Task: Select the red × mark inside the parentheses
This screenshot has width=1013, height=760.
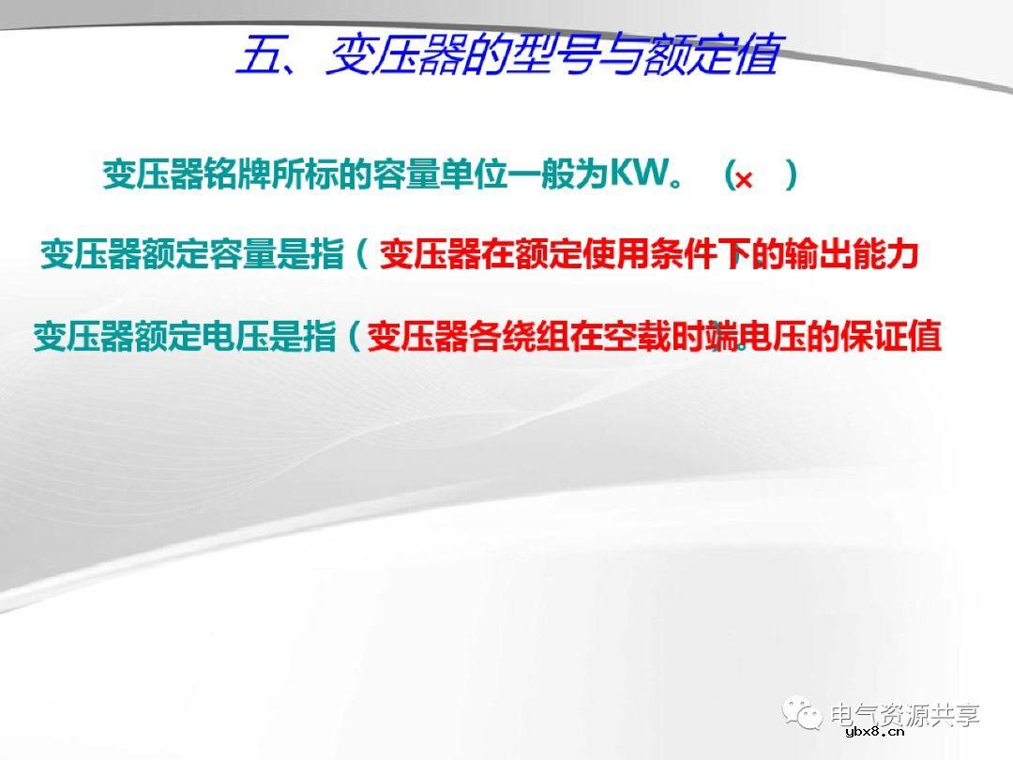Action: (744, 179)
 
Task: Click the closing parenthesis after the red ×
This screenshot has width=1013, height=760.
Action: (792, 175)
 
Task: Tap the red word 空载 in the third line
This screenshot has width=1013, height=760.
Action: (653, 337)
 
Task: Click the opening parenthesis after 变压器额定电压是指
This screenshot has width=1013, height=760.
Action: (353, 337)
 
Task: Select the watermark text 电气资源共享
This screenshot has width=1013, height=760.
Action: (906, 715)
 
